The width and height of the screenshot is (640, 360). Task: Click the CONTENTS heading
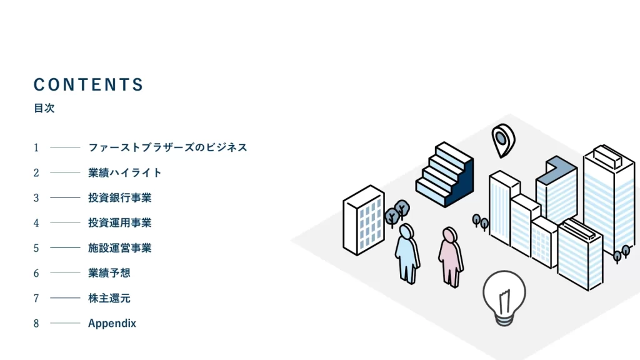89,85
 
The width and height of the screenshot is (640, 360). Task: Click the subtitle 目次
44,108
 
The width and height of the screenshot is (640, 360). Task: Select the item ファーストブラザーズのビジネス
167,147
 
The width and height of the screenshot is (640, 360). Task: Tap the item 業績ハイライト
125,172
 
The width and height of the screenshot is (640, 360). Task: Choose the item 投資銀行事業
120,198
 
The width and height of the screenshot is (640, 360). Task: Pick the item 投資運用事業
120,222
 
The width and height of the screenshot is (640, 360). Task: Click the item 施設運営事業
120,248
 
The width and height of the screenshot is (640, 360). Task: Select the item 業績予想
109,273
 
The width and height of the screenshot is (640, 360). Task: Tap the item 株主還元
109,298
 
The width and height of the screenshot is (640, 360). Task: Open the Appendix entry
112,323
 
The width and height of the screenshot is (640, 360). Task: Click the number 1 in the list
36,147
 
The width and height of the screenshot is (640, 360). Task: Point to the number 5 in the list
36,248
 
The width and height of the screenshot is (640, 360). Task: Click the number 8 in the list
36,323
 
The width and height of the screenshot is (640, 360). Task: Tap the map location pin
502,139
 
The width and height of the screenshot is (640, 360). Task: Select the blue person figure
407,253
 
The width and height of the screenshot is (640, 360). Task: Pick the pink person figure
449,256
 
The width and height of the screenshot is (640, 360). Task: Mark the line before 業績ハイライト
65,172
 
